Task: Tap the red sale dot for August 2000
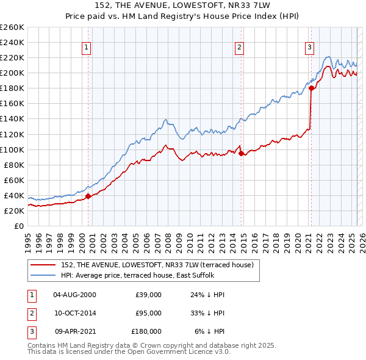tap(88, 196)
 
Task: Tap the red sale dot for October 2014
tap(241, 153)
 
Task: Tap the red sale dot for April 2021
tap(311, 88)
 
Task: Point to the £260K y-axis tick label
tap(12, 27)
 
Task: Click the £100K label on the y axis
tap(12, 149)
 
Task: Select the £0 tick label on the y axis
tap(20, 226)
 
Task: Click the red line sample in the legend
tap(43, 264)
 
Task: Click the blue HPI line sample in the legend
tap(43, 275)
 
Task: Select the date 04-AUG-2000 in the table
tap(74, 295)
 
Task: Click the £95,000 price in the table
tap(148, 313)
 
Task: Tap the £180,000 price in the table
tap(146, 331)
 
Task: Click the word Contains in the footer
tap(42, 345)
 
